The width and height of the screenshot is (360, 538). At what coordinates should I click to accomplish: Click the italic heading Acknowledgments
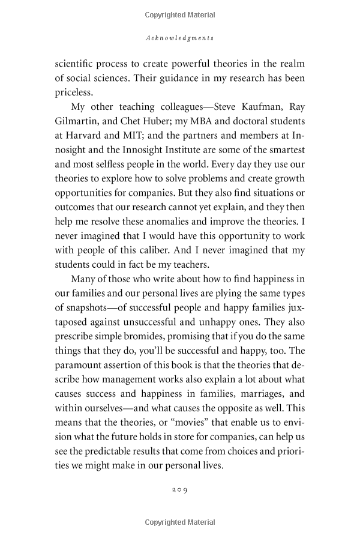(x=180, y=38)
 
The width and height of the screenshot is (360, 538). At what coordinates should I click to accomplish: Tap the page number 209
(x=179, y=490)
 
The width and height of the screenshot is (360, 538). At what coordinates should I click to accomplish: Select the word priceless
(x=75, y=94)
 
